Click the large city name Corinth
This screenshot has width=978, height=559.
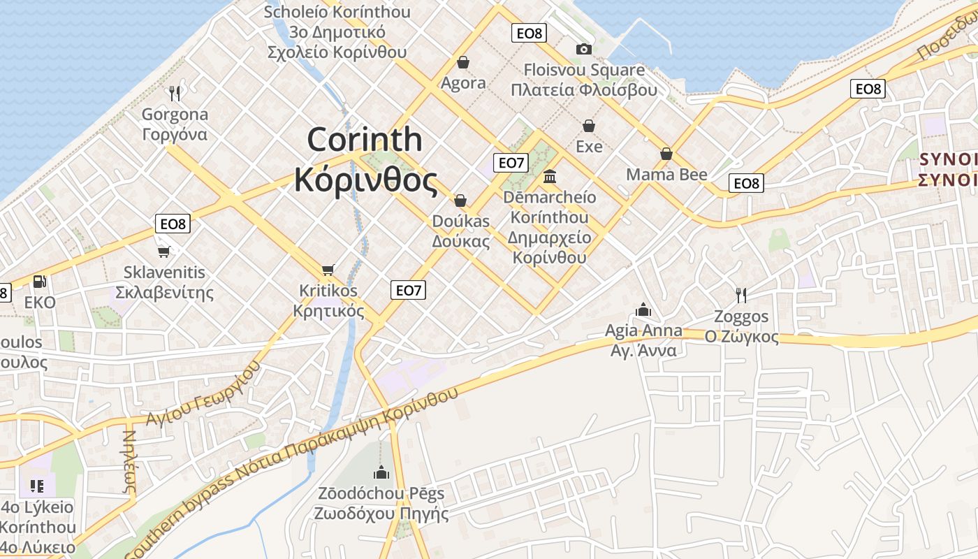(x=365, y=140)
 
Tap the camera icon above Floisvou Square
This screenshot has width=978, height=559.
(x=583, y=49)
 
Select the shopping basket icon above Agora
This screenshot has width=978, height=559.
(x=462, y=63)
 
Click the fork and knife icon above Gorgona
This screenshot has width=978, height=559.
(x=175, y=92)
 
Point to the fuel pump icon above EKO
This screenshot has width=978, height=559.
(x=40, y=282)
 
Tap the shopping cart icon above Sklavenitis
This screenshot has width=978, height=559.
(x=164, y=251)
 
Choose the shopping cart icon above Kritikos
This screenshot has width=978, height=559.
(x=328, y=270)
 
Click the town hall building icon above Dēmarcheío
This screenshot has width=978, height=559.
(x=550, y=176)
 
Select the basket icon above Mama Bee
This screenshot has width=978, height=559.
(x=666, y=154)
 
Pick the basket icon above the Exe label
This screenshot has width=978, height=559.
(x=589, y=126)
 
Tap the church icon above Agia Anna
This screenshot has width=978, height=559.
(x=643, y=310)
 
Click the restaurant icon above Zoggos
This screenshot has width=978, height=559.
(x=741, y=296)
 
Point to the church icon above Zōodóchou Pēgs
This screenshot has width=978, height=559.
(x=381, y=473)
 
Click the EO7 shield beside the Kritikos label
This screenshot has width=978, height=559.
(x=408, y=290)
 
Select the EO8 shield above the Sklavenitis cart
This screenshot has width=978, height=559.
(x=173, y=224)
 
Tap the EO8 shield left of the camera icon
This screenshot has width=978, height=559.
(x=529, y=33)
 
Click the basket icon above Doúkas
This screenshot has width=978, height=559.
(x=460, y=201)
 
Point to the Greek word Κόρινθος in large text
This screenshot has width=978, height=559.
(x=366, y=180)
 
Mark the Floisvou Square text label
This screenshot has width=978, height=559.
(x=584, y=70)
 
